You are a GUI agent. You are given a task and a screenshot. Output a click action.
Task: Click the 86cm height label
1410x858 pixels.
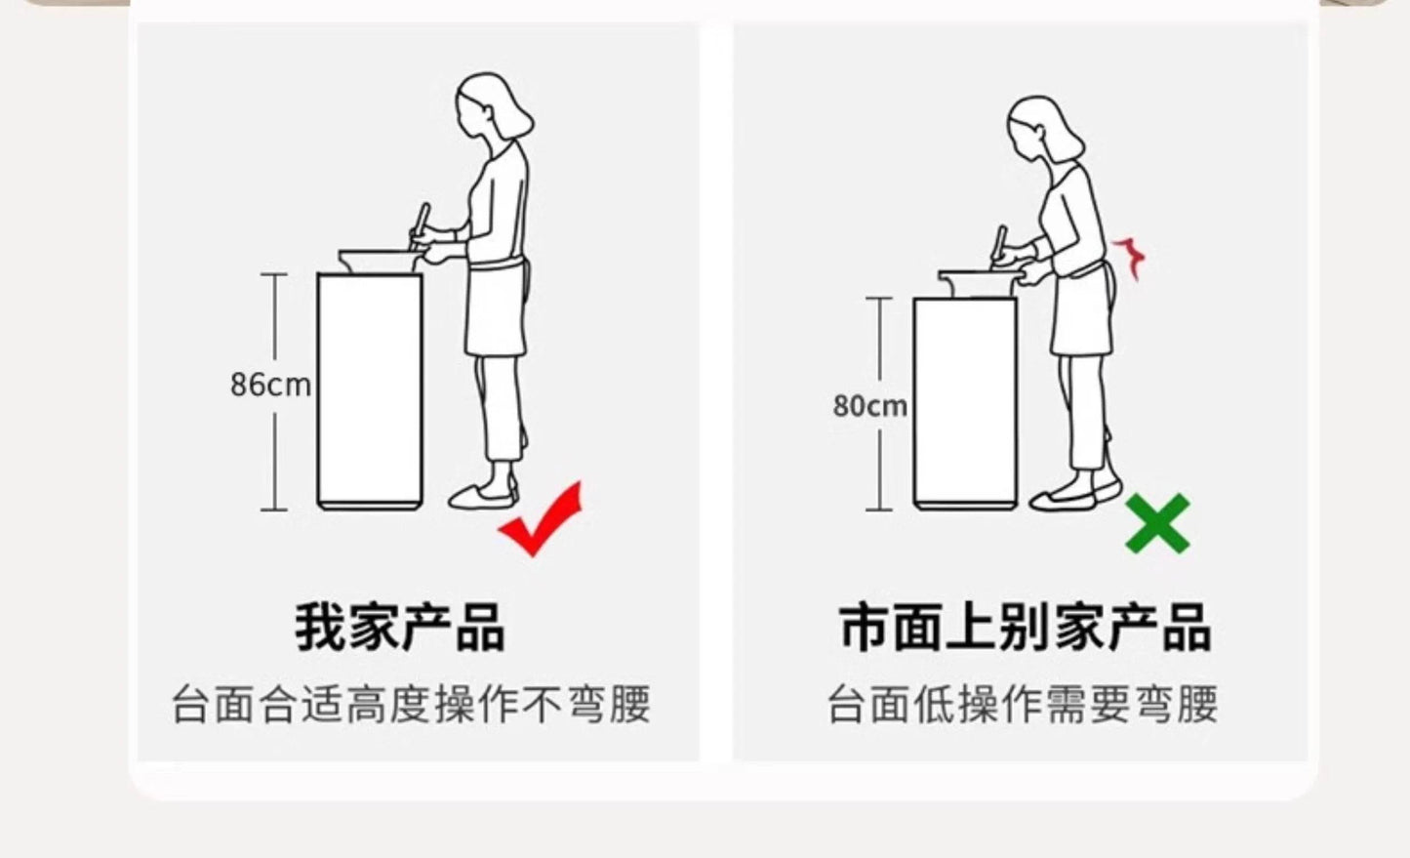(270, 385)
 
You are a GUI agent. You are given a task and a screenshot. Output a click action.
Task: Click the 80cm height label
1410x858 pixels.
(870, 406)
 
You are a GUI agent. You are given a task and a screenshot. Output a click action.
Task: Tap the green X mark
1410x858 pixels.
(1157, 524)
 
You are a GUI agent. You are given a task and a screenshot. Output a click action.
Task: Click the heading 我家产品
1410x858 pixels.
(400, 627)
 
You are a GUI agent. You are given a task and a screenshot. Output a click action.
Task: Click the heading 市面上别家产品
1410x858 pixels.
(1026, 627)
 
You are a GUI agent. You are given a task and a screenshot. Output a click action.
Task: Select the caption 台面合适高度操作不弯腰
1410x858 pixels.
(411, 705)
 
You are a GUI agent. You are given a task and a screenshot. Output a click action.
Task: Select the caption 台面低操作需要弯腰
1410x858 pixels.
(1023, 705)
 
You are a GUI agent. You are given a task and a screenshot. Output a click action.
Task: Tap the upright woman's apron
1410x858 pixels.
(497, 308)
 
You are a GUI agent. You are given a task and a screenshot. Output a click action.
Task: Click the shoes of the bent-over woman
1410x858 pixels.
(1075, 496)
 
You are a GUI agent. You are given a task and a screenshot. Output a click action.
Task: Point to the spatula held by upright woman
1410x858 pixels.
(420, 225)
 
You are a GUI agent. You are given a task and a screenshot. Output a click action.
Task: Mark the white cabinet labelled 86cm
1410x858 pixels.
(370, 390)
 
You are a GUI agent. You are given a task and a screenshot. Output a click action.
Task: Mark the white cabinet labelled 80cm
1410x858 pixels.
(965, 403)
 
